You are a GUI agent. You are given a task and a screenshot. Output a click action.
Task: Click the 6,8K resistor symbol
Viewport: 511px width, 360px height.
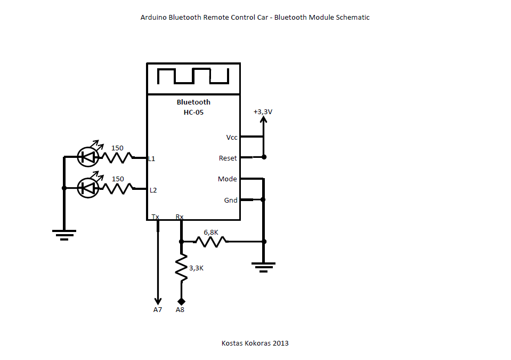tap(210, 241)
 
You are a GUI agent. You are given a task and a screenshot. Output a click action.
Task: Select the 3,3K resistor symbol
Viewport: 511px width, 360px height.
tap(181, 268)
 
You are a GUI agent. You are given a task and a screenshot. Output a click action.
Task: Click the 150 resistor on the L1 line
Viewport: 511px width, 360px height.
tap(117, 157)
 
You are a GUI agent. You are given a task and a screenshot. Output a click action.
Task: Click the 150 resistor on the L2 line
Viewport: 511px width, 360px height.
tap(117, 188)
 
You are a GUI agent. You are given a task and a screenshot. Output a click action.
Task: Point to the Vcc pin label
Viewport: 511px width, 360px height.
tap(232, 137)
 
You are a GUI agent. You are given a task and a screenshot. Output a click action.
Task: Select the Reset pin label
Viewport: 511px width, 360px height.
tap(228, 158)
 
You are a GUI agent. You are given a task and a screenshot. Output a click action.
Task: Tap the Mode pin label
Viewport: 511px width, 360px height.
tap(228, 179)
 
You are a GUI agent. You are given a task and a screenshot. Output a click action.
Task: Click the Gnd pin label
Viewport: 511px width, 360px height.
tap(231, 201)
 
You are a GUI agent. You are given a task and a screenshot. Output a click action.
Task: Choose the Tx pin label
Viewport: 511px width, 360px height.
tap(156, 217)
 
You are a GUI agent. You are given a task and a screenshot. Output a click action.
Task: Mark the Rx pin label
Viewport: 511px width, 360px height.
tap(180, 217)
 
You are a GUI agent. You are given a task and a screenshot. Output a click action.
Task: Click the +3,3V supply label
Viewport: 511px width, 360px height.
tap(263, 112)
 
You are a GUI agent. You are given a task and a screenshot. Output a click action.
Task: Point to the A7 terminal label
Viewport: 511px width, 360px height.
tap(157, 309)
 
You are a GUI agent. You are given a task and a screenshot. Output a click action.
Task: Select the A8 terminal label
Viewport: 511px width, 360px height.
tap(180, 309)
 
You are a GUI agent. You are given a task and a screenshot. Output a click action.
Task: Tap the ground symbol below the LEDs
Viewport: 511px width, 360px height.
tap(64, 234)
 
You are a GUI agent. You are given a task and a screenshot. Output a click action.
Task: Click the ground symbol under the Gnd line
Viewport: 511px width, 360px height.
tap(263, 266)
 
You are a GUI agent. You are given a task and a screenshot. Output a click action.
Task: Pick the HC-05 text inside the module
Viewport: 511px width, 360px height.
tap(193, 113)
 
